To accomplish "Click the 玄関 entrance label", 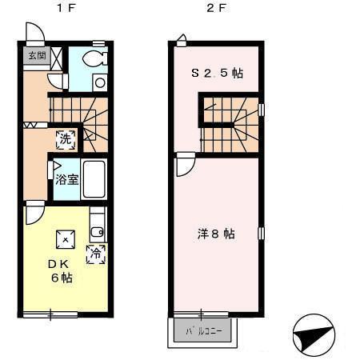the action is coord(38,56).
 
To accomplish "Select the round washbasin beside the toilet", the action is coord(100,82).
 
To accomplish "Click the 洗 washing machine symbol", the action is coord(66,139).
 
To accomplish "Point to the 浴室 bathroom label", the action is coord(67,179).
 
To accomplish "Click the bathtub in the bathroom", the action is coord(94,179).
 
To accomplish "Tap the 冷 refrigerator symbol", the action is coord(96,254).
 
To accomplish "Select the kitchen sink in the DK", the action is coord(97,232).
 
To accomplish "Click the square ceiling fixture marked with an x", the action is coord(66,239).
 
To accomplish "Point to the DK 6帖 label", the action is coord(60,271).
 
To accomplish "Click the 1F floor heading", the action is coord(66,8).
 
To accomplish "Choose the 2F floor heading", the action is coord(216,8).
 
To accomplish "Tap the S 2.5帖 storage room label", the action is coord(217,73).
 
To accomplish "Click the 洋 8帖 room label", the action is coord(216,234).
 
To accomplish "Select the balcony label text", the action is coord(203,331).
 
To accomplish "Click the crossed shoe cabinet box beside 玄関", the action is coord(56,58).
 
